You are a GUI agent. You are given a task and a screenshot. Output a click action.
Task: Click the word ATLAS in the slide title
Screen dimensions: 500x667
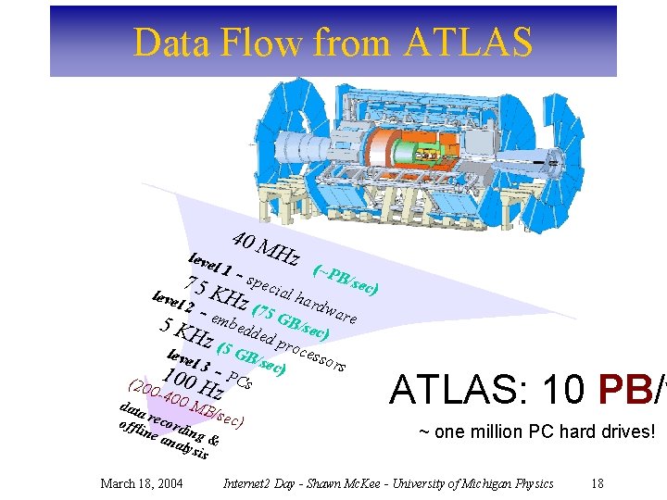click(468, 43)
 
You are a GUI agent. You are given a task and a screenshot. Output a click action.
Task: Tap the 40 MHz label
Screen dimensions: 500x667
click(265, 245)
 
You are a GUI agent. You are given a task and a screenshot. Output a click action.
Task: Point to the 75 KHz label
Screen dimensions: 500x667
click(217, 291)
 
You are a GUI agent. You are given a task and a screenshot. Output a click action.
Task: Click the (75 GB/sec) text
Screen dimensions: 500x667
click(291, 319)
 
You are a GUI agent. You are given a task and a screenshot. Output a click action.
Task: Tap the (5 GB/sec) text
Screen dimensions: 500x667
click(250, 358)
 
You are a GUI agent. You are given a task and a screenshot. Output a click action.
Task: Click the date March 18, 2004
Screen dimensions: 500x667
click(141, 483)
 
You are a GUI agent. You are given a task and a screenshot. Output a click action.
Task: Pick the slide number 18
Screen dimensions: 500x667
click(597, 483)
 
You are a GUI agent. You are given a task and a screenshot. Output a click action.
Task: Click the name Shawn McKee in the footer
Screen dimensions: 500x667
click(347, 483)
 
